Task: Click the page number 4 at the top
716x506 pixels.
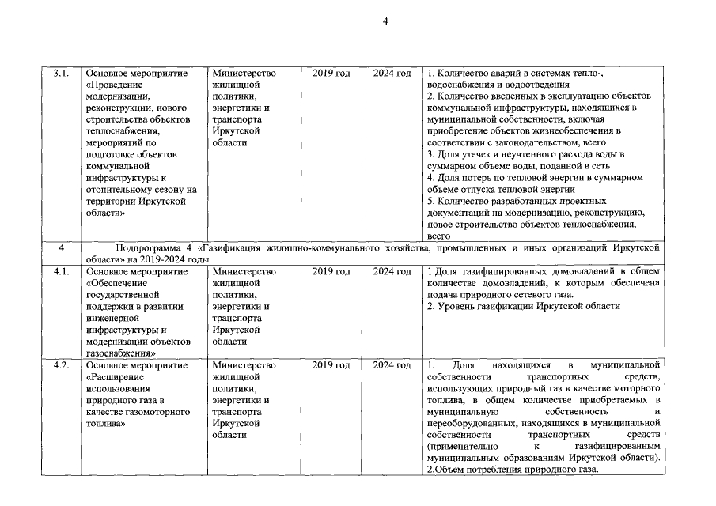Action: click(385, 21)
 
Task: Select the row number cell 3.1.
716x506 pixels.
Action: click(60, 74)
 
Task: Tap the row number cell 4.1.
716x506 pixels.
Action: click(60, 271)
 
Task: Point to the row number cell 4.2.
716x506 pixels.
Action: click(60, 365)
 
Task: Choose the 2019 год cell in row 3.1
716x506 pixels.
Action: click(331, 74)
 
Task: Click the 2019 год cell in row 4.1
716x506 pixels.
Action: click(331, 271)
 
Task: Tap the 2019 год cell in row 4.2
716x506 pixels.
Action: click(331, 365)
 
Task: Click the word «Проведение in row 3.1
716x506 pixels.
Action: click(114, 85)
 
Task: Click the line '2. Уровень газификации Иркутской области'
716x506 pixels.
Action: click(523, 306)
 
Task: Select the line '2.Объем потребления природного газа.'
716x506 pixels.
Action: click(512, 470)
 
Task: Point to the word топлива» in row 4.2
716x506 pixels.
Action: click(106, 424)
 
